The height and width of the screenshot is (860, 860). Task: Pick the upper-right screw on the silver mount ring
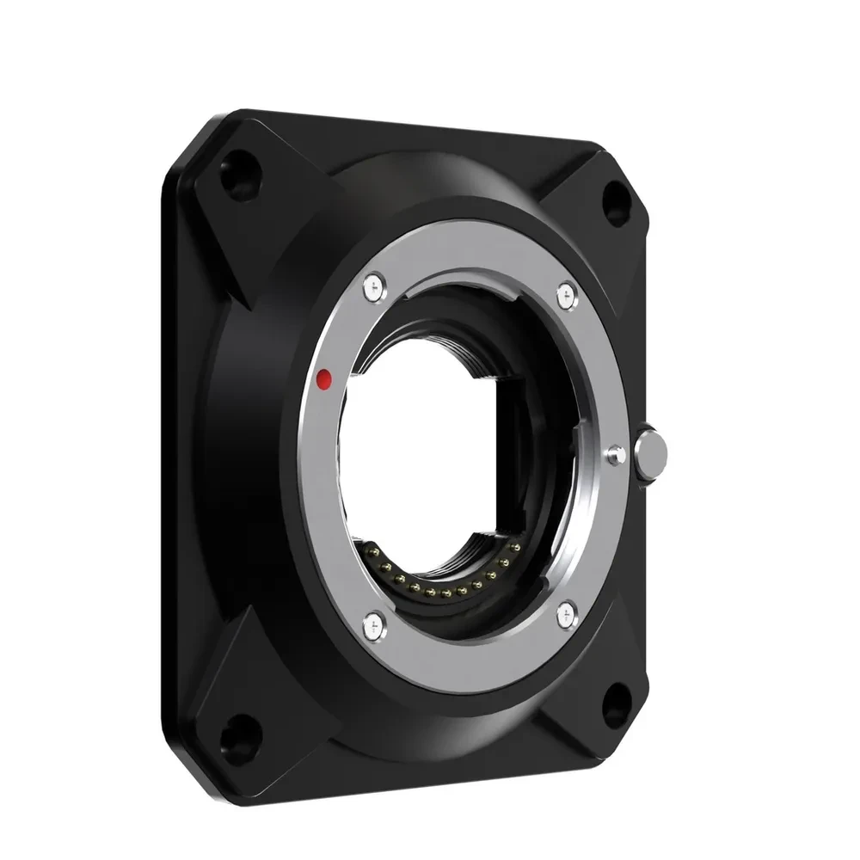pyautogui.click(x=564, y=295)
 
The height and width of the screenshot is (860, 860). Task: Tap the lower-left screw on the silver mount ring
pyautogui.click(x=372, y=618)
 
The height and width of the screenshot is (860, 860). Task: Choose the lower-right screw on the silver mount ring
pyautogui.click(x=566, y=612)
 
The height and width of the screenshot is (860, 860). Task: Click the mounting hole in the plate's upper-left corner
pyautogui.click(x=230, y=165)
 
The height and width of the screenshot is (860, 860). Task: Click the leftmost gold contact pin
pyautogui.click(x=372, y=550)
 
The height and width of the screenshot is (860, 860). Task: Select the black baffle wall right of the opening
pyautogui.click(x=516, y=447)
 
